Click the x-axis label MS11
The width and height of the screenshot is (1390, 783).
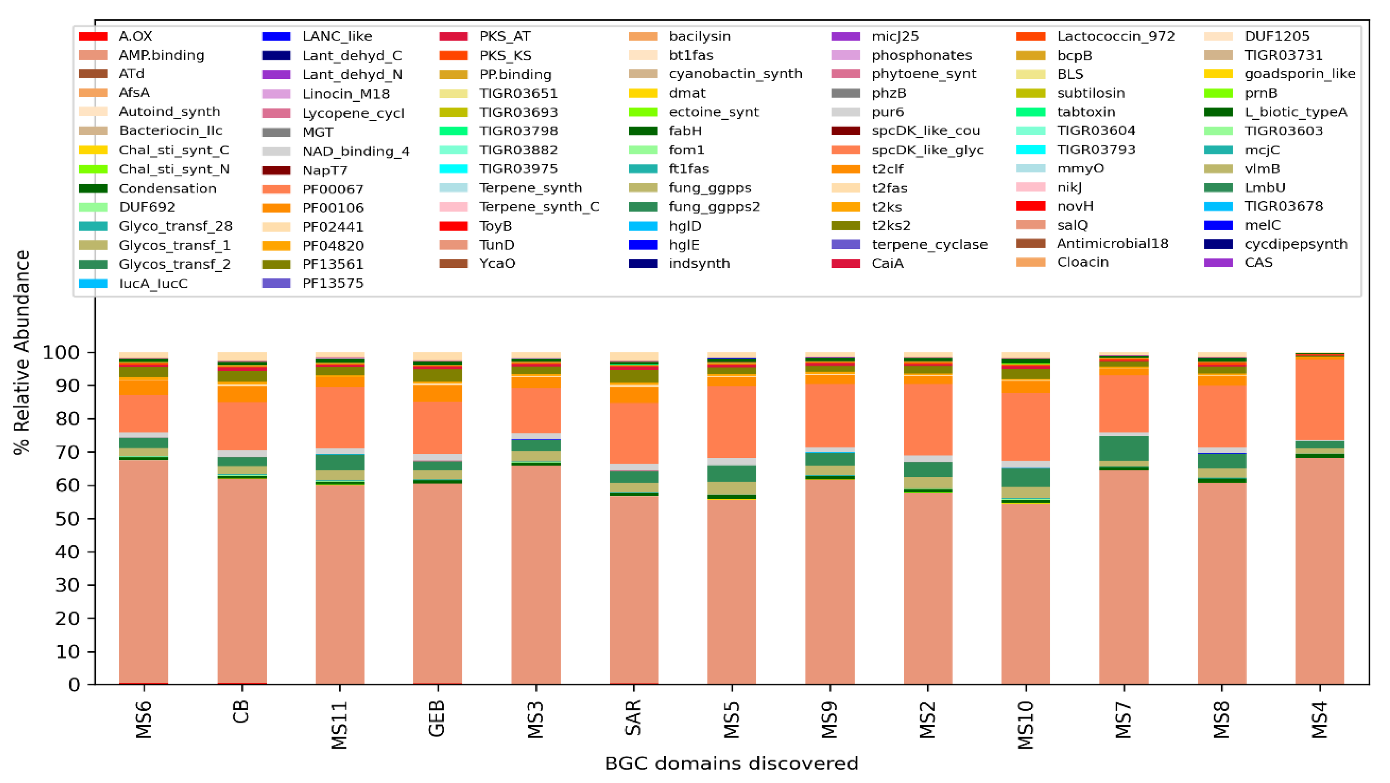click(x=339, y=725)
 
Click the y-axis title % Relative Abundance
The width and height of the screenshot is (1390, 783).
click(x=21, y=353)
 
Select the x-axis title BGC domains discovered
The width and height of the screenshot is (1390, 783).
click(x=731, y=764)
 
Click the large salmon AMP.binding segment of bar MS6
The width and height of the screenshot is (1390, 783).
click(x=143, y=572)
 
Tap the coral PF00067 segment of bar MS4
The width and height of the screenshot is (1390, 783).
click(x=1320, y=400)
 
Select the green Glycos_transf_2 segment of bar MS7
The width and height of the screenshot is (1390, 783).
click(x=1124, y=448)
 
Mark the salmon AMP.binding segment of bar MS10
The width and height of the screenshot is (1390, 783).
click(x=1026, y=594)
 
